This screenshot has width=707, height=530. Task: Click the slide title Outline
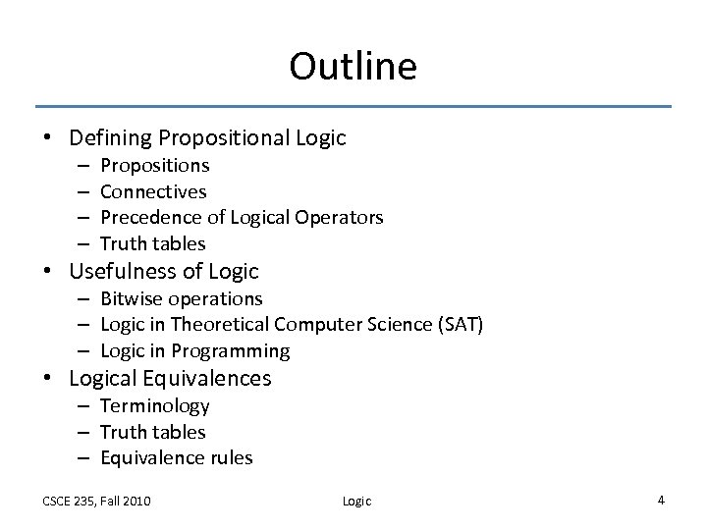pyautogui.click(x=353, y=67)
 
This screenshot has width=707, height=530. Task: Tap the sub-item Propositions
pyautogui.click(x=155, y=166)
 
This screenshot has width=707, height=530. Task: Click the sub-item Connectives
pyautogui.click(x=153, y=191)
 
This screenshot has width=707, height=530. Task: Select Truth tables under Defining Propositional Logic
pyautogui.click(x=153, y=242)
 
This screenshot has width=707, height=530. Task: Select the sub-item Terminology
pyautogui.click(x=155, y=405)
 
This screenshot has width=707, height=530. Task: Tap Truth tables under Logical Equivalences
pyautogui.click(x=153, y=431)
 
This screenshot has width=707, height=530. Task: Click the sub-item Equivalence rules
pyautogui.click(x=176, y=456)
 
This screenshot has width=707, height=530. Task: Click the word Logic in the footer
pyautogui.click(x=356, y=501)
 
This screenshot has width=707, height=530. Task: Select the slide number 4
pyautogui.click(x=661, y=500)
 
